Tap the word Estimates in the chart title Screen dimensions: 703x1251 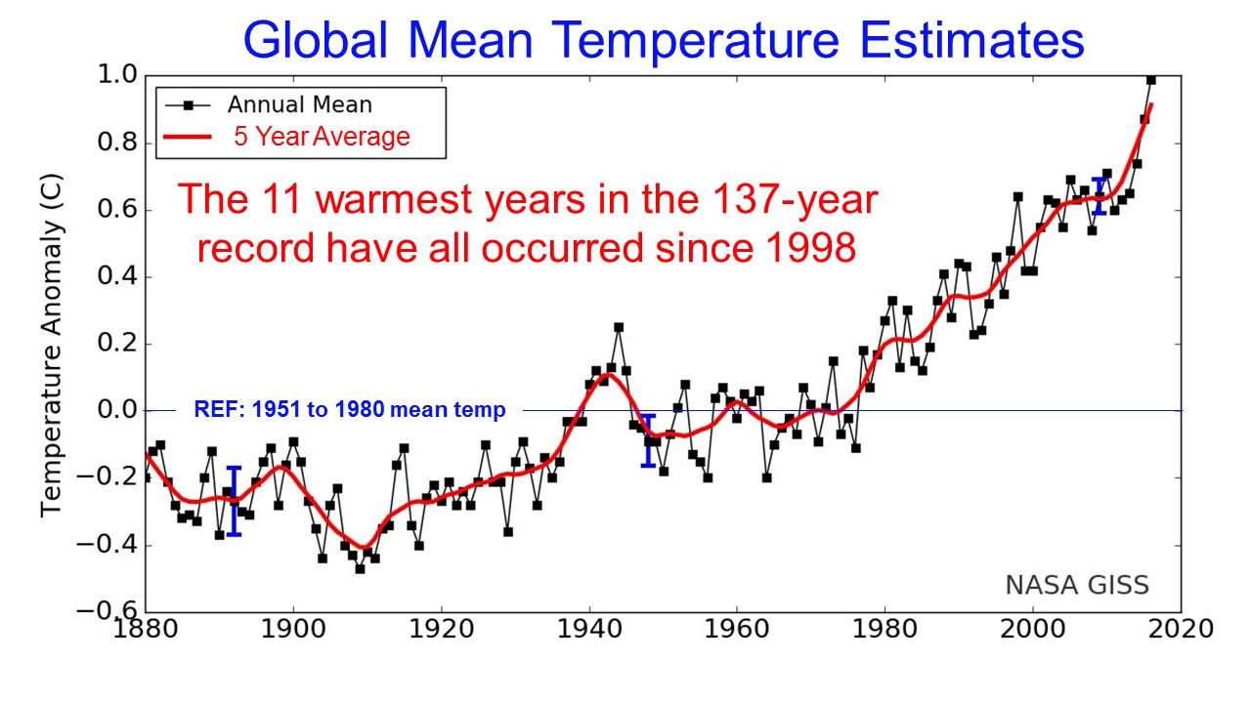[x=961, y=41]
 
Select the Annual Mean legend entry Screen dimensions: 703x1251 [x=299, y=104]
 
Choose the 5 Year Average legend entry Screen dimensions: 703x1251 [x=321, y=137]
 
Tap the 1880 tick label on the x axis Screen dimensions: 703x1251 [x=146, y=630]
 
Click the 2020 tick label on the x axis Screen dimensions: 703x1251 [x=1180, y=630]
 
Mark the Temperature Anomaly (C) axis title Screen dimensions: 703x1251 [x=51, y=344]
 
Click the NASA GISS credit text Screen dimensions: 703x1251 [x=1077, y=585]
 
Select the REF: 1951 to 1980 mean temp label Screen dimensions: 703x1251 [x=350, y=410]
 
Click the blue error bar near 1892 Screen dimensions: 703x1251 [x=234, y=501]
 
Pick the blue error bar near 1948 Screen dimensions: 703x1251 [x=647, y=440]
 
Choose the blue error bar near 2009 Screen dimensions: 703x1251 [x=1099, y=196]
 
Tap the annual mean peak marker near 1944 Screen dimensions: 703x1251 [x=618, y=327]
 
